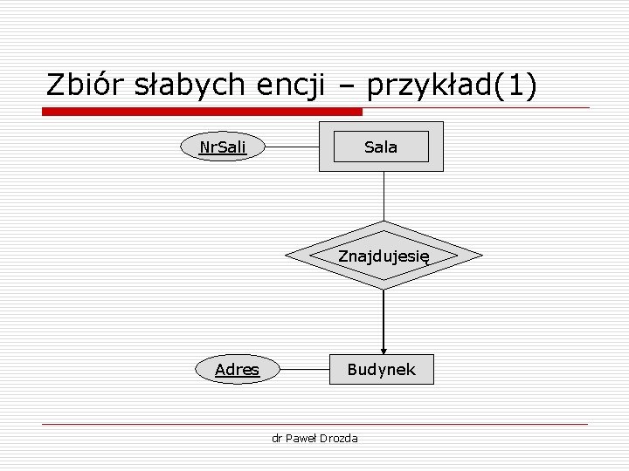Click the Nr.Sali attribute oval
pyautogui.click(x=223, y=147)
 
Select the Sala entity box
pyautogui.click(x=381, y=147)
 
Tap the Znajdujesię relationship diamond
pyautogui.click(x=384, y=256)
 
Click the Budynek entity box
pyautogui.click(x=381, y=369)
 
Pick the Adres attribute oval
pyautogui.click(x=237, y=369)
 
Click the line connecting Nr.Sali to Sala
pyautogui.click(x=293, y=147)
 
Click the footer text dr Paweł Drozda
pyautogui.click(x=314, y=438)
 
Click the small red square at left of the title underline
pyautogui.click(x=46, y=112)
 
